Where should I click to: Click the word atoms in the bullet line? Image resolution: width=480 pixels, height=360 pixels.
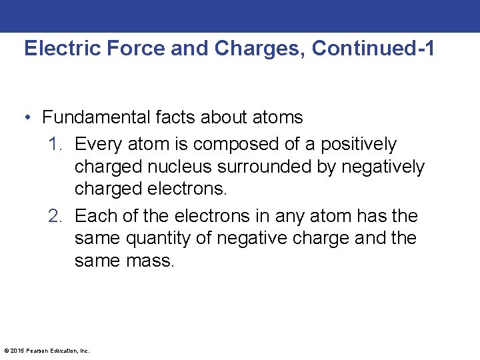(x=277, y=118)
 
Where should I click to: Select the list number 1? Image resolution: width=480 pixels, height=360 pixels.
(x=54, y=144)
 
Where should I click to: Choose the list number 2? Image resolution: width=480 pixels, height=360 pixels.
(x=54, y=216)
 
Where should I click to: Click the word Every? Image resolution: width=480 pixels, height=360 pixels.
(x=98, y=144)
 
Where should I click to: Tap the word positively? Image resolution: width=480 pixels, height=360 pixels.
(x=359, y=145)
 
